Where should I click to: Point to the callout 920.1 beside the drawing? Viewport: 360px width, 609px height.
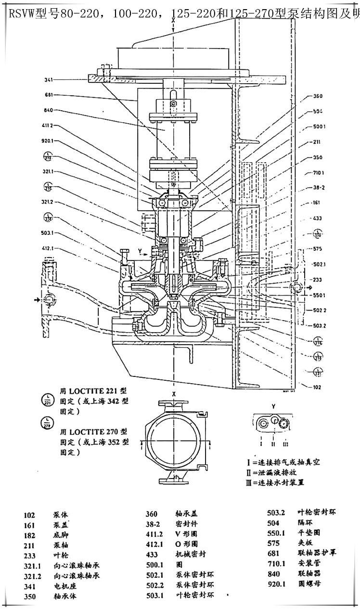coord(48,142)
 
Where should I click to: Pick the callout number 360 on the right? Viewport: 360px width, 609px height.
coord(318,96)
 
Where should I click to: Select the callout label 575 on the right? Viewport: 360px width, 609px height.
coord(318,249)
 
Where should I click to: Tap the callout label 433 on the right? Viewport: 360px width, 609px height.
coord(317,218)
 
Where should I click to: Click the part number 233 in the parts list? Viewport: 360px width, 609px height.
coord(29,555)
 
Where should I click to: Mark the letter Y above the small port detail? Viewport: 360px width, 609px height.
coord(273,406)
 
